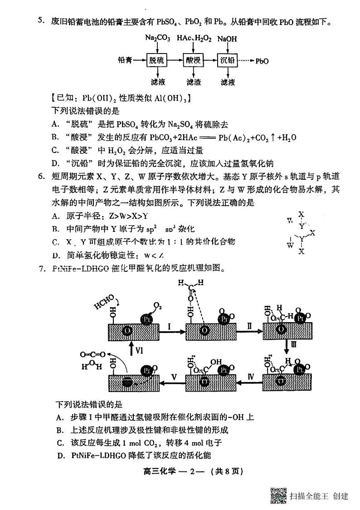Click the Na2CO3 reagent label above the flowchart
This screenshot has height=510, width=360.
pos(157,39)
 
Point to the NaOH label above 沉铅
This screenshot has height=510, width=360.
pos(227,39)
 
